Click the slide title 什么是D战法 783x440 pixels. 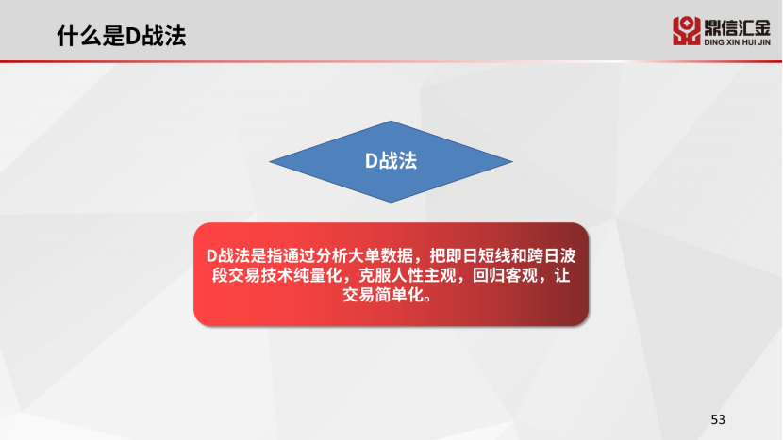[x=122, y=36]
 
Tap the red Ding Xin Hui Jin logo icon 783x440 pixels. [x=686, y=31]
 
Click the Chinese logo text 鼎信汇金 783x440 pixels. [x=737, y=27]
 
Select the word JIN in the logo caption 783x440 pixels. [x=764, y=42]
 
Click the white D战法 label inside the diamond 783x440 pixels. [x=391, y=160]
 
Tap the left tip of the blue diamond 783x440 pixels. [x=270, y=161]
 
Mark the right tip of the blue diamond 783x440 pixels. [x=512, y=161]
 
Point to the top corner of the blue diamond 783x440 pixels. [x=391, y=122]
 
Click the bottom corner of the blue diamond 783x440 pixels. [x=391, y=202]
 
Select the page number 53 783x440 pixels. [x=718, y=419]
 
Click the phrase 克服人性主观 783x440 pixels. [x=408, y=275]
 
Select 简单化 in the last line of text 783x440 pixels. [x=399, y=294]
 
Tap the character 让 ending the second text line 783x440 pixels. [x=562, y=275]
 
